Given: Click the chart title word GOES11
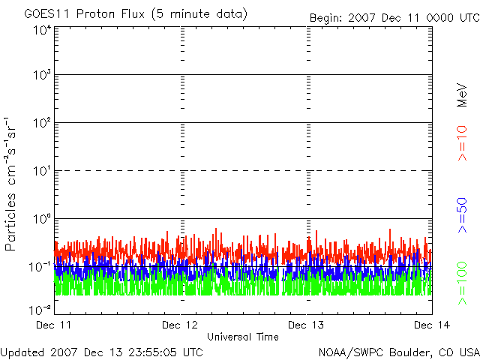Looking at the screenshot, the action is (46, 14).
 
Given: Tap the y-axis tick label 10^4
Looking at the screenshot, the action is (42, 30).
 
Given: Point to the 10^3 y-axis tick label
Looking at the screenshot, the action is (42, 74).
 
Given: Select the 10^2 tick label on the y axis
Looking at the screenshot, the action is (42, 122).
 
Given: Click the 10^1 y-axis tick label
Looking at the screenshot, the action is (42, 170).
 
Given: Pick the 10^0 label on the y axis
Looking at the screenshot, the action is (42, 218).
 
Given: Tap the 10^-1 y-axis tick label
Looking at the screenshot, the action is (40, 267).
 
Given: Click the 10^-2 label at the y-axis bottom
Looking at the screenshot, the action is (40, 310).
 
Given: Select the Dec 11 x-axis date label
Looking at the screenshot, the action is (53, 325).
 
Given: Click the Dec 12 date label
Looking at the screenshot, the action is (180, 325).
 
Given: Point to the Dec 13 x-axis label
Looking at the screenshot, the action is (306, 325).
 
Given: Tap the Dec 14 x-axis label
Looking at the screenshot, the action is (432, 325).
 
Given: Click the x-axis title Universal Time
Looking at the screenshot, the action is (243, 337).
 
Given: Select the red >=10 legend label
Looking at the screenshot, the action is (462, 143).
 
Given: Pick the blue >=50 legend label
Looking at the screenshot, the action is (462, 215).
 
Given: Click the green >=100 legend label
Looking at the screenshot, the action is (462, 283).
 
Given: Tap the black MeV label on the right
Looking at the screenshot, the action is (462, 95).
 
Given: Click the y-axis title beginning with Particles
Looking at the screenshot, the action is (10, 184).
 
